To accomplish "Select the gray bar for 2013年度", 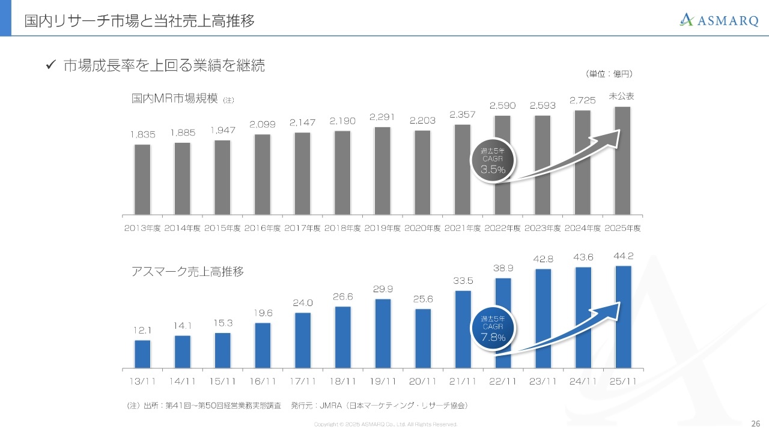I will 142,179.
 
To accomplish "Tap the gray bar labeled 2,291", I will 382,171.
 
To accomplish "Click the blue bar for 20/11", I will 423,338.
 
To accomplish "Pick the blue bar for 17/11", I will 303,340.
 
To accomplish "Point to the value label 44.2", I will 623,256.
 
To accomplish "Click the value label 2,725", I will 582,101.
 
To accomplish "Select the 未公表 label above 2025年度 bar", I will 622,96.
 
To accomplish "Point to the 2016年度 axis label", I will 263,229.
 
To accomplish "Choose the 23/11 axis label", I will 543,382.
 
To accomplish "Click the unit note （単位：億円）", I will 609,74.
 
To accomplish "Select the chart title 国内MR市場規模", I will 174,98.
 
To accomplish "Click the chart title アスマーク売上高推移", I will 187,272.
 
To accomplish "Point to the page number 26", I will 756,423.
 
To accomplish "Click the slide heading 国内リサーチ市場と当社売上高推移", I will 139,22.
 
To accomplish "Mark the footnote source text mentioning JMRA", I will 297,406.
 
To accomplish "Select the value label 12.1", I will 142,331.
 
